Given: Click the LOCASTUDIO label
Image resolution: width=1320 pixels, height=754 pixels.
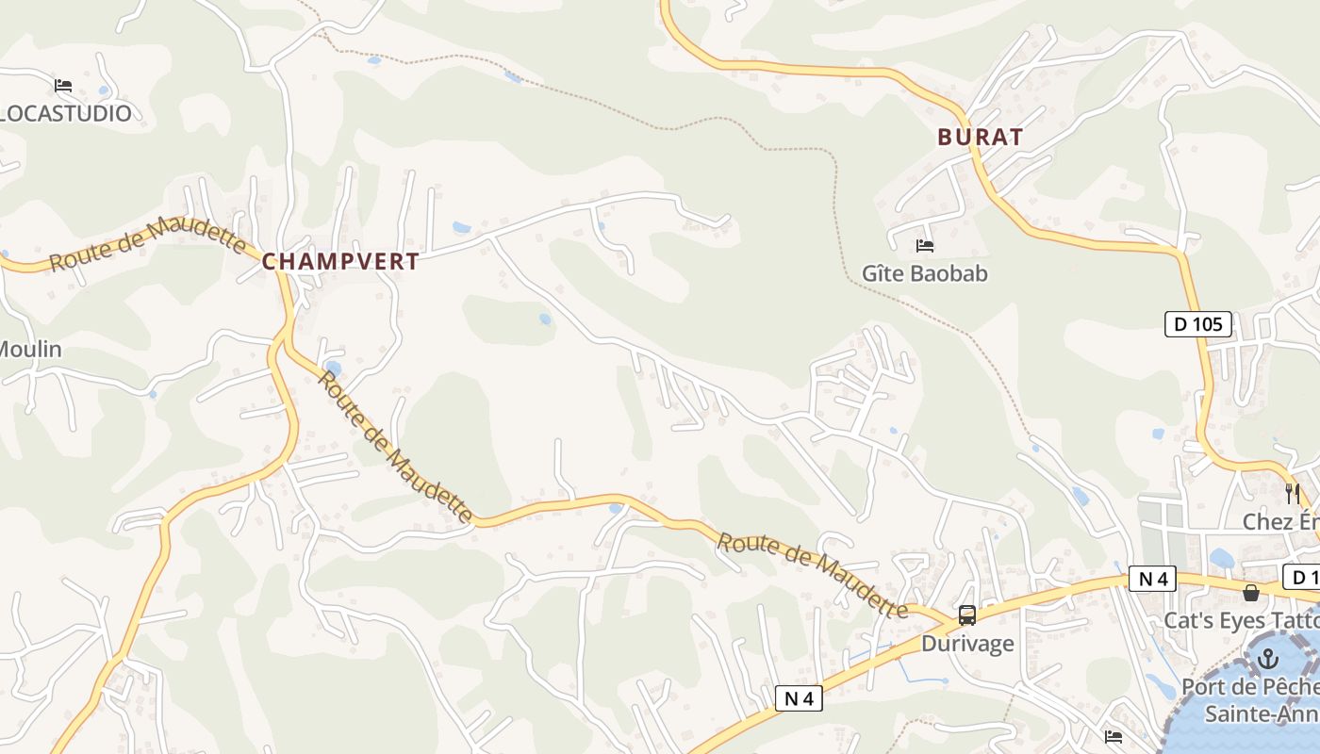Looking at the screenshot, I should (x=66, y=114).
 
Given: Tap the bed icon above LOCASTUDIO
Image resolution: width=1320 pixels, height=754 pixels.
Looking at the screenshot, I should (x=63, y=86).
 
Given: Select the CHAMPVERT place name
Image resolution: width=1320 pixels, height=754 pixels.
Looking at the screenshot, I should (x=340, y=262).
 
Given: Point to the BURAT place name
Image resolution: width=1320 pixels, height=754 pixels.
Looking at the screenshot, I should (x=981, y=138).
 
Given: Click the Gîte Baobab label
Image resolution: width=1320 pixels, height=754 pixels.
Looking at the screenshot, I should (x=924, y=274).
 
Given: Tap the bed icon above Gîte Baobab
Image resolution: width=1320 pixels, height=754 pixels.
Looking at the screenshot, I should (x=925, y=246).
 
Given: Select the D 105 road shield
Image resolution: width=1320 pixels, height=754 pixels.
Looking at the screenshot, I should (x=1198, y=325).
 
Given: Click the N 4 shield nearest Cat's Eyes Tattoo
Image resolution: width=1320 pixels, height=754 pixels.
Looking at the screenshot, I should (x=1153, y=579).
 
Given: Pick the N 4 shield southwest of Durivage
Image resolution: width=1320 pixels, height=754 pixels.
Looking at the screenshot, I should (x=799, y=698).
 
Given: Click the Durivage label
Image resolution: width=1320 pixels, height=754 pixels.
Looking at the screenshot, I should (x=967, y=644).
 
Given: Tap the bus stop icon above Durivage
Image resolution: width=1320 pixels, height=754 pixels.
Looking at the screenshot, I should (x=967, y=616).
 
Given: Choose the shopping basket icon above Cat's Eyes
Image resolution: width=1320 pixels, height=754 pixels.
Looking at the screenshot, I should (x=1251, y=593).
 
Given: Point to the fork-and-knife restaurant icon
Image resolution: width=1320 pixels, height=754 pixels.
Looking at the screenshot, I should (x=1292, y=493).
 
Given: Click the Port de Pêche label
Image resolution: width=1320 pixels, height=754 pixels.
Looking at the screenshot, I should (x=1250, y=687).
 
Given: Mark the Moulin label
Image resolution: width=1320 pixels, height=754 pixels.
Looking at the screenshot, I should (x=30, y=350).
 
